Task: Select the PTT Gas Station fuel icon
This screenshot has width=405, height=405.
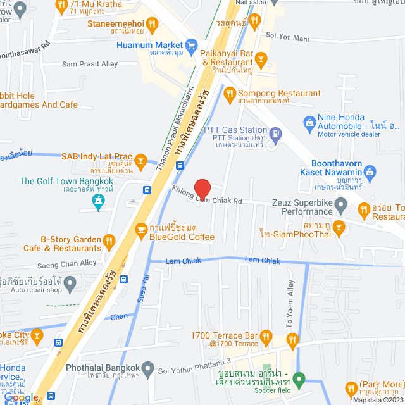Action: [276, 134]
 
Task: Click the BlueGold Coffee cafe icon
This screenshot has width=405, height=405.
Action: [140, 228]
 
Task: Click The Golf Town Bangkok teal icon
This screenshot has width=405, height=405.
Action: [97, 201]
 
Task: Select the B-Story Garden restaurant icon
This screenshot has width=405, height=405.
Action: [109, 240]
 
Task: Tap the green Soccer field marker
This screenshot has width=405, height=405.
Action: [299, 381]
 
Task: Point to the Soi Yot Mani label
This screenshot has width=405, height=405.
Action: [287, 37]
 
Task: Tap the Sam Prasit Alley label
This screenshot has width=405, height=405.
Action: [90, 64]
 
